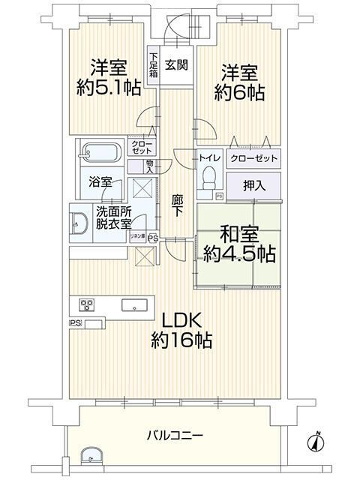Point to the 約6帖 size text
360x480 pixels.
point(238,93)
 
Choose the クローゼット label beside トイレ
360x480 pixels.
point(253,158)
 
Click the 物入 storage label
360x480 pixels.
point(150,166)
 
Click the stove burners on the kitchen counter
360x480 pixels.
point(87,304)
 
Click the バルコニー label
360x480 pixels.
point(178,434)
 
